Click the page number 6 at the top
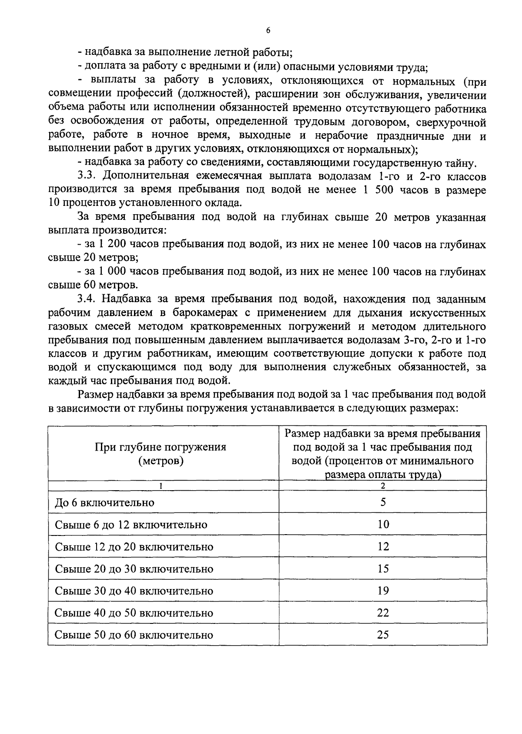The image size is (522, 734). point(268,30)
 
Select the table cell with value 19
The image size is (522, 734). point(383,591)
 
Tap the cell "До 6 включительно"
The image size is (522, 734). point(104,503)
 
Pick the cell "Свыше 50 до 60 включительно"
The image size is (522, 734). point(134,635)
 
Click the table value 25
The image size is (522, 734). point(383,635)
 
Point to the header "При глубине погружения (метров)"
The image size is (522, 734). point(161,454)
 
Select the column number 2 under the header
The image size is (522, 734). point(383,486)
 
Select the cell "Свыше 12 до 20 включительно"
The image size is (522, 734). point(134,547)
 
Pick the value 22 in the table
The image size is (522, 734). point(383,613)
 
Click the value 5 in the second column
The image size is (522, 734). point(383,502)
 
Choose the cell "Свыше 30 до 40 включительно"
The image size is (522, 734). point(134,591)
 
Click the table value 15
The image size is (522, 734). point(383,569)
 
